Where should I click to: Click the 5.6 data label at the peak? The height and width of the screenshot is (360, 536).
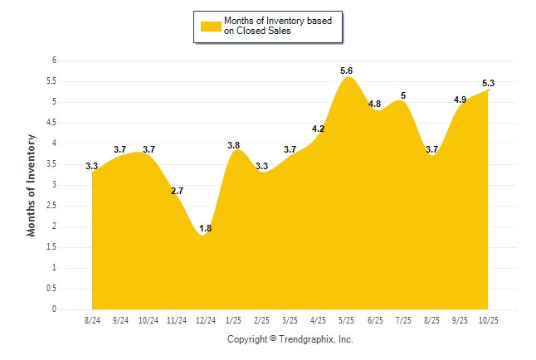347,71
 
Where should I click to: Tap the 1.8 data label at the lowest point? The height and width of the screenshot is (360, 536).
206,229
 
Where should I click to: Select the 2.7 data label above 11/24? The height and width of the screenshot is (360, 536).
177,192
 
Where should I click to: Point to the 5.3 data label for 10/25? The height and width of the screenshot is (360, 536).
488,83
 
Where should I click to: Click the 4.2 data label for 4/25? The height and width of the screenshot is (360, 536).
318,129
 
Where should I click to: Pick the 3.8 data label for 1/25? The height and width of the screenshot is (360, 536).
234,146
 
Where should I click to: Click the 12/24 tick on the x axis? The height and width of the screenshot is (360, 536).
205,319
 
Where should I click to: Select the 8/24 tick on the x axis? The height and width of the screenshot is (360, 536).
92,319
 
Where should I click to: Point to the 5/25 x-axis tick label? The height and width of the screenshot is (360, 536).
346,319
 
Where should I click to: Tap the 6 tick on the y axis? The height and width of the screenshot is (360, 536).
54,61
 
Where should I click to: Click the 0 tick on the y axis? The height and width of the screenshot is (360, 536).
54,309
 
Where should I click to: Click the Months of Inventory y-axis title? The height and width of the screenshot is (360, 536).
32,185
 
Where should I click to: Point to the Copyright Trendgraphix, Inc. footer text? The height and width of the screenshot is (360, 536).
290,339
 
